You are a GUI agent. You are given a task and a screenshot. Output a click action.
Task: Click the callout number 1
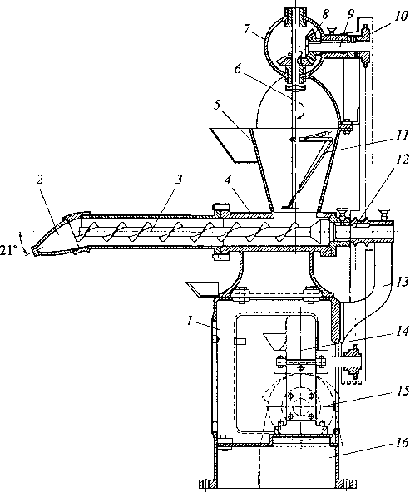pos(190,321)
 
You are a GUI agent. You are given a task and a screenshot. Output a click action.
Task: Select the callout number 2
pos(39,180)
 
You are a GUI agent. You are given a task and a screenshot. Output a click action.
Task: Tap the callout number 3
pos(179,180)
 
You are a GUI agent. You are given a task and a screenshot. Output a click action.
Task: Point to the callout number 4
pos(228,180)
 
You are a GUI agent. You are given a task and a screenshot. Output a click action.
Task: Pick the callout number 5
pos(217,105)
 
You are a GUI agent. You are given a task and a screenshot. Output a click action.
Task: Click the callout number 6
pos(238,69)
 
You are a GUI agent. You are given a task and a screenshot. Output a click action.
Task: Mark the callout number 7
pos(247,30)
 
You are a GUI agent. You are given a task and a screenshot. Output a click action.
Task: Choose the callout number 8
pos(325,14)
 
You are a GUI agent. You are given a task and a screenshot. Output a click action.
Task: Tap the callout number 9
pos(351,14)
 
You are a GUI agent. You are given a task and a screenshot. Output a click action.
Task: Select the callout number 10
pos(401,16)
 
